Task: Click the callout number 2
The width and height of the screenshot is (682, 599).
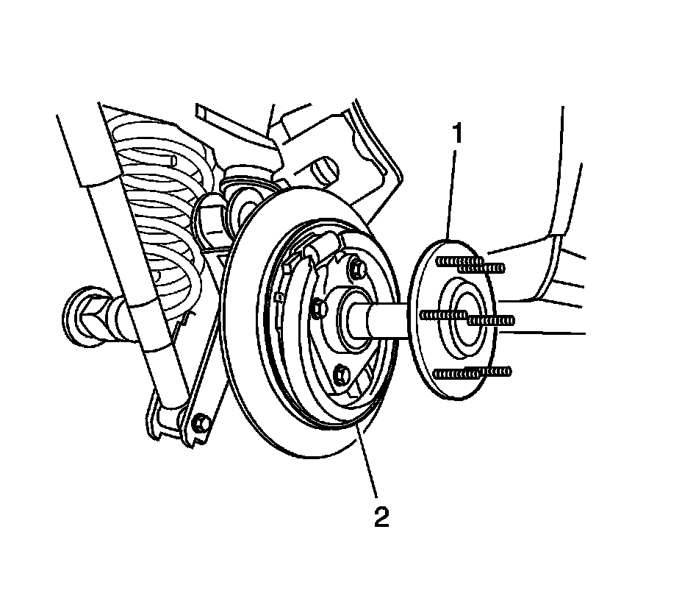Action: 381,517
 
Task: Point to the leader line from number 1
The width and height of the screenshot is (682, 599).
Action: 453,191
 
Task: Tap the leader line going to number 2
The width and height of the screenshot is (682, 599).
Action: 368,464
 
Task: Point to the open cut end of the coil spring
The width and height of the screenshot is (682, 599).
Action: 172,160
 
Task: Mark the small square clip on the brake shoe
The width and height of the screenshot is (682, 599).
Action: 279,298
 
